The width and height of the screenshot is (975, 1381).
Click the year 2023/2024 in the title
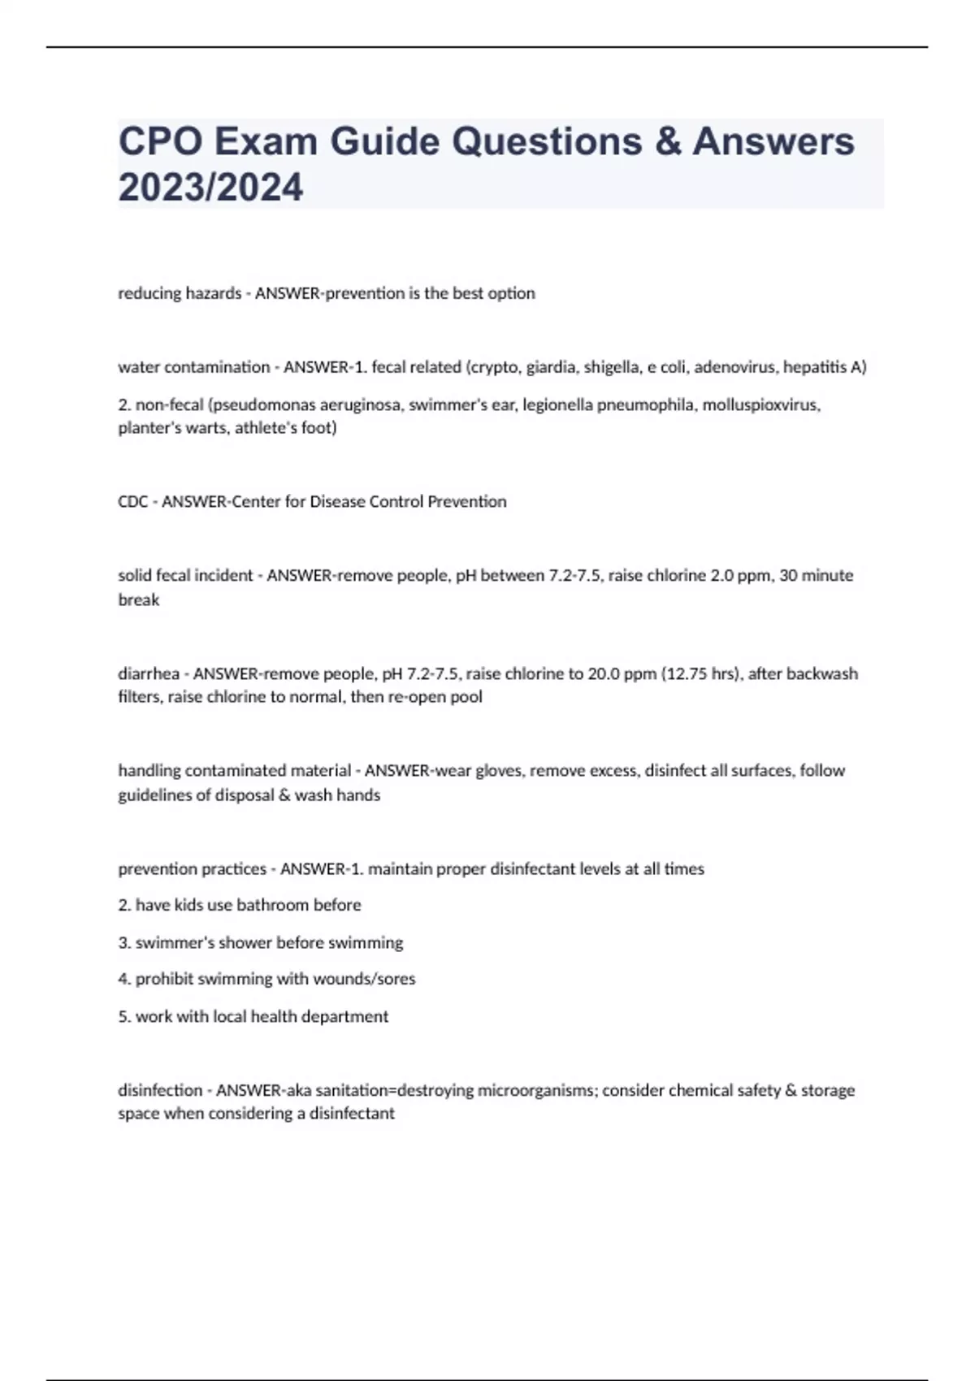tap(210, 188)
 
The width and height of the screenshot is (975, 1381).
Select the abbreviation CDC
tap(132, 502)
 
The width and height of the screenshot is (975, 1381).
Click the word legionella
tap(557, 405)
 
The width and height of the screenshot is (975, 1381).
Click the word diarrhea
tap(149, 673)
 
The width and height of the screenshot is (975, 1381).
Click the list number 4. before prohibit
tap(124, 979)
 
